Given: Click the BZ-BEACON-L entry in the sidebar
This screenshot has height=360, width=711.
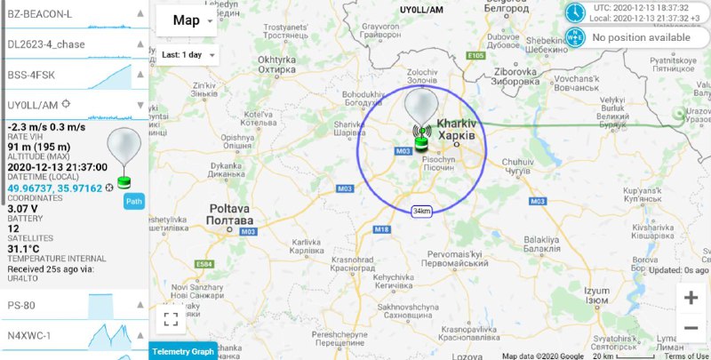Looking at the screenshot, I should (x=40, y=13).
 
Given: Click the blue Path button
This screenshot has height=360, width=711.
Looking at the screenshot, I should (x=133, y=201).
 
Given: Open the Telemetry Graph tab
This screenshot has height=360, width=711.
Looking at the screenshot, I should (x=183, y=351).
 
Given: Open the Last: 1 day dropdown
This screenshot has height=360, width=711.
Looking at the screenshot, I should (x=189, y=54).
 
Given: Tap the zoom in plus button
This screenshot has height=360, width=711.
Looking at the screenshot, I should (x=691, y=298).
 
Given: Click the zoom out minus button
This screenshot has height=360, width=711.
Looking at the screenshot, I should (x=691, y=328).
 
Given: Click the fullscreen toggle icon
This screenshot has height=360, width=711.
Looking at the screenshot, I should (x=171, y=318).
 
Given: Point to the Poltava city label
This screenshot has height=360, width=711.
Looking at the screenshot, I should (x=228, y=214).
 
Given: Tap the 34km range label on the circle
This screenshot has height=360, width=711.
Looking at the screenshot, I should (x=421, y=211).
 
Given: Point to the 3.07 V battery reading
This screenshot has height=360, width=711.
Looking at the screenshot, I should (x=24, y=208).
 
